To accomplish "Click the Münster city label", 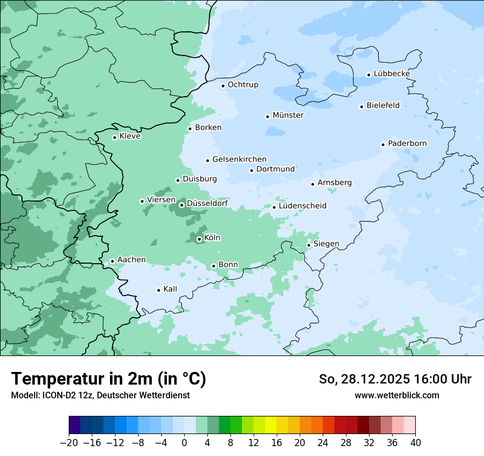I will coord(288,115).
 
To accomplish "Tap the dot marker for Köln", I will coord(199,239).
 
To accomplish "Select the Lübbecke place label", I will coord(392,74).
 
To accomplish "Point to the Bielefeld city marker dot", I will coord(362,107).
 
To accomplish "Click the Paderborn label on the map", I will coord(407,143).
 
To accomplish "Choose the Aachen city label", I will coord(131,260).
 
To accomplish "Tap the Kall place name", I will coord(170,289).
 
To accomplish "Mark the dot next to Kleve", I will coord(114,137).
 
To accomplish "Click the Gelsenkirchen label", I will coord(239,159).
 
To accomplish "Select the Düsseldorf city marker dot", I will coord(182,205).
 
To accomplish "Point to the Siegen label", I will coord(326,244).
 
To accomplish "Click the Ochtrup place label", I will coord(243,85).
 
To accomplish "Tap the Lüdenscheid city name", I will coord(302,206).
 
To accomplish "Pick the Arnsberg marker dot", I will coord(312,184).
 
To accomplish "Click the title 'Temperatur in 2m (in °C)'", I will coord(108,379).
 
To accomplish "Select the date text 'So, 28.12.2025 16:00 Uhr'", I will coord(395,379).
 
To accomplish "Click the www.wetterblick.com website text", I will coord(397,395).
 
